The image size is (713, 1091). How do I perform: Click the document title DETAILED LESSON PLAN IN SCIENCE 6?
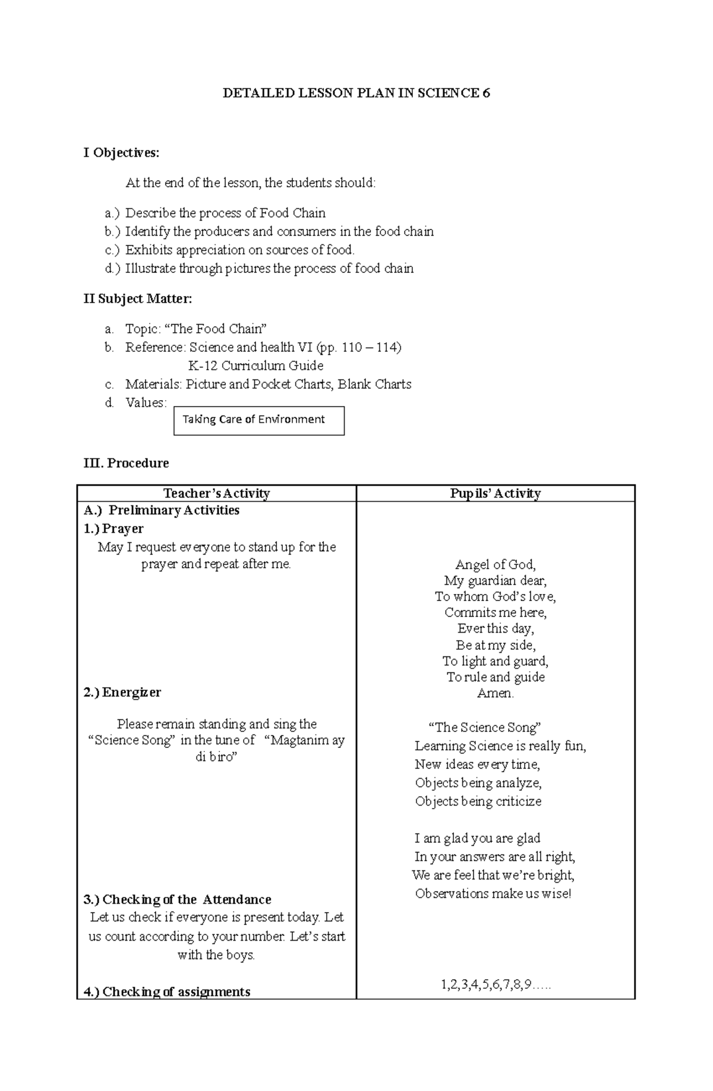[356, 93]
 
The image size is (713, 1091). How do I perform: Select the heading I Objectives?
[121, 153]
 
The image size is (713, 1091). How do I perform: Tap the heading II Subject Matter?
[137, 299]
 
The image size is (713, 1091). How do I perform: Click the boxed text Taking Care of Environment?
[254, 420]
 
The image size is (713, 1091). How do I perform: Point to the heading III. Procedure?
[126, 463]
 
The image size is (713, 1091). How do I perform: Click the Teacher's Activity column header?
[216, 493]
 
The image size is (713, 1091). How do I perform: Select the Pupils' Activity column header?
[495, 493]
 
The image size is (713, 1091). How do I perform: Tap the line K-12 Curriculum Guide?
[255, 366]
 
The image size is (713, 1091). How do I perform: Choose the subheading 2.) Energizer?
[122, 692]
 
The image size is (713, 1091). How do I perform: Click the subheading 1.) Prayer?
[113, 529]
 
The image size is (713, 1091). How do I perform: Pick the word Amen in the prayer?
[495, 693]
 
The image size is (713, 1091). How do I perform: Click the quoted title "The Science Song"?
[484, 727]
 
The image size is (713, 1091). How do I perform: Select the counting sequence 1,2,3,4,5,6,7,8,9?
[495, 985]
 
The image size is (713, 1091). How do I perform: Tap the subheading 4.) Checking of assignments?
[167, 992]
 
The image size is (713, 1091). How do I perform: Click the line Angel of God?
[495, 564]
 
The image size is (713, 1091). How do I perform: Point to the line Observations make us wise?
[493, 894]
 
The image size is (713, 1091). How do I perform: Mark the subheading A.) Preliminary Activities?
[162, 510]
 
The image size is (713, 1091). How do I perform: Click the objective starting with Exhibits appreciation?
[239, 250]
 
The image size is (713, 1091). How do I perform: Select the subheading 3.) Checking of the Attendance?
[178, 900]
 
